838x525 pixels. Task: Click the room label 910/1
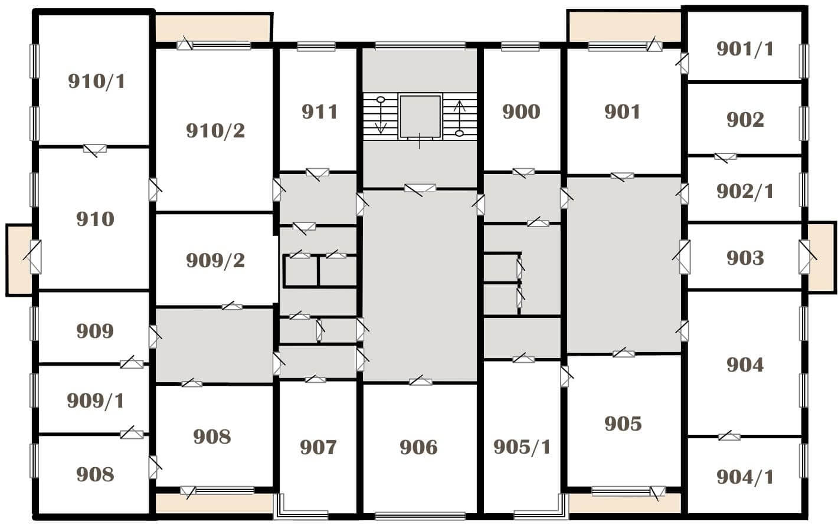(x=97, y=81)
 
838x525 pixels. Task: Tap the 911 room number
(x=319, y=112)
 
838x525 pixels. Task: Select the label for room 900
(x=521, y=112)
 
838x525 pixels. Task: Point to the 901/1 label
(x=745, y=49)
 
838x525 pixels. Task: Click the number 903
(x=745, y=258)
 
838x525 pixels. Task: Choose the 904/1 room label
(x=745, y=477)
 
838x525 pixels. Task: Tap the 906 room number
(x=418, y=447)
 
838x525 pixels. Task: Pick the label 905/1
(x=522, y=447)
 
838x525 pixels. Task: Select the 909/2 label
(x=215, y=261)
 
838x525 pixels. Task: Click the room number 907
(x=318, y=447)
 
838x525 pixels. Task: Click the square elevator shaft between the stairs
(x=420, y=116)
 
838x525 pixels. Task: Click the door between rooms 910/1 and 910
(x=94, y=149)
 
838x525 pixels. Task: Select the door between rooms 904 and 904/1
(x=729, y=437)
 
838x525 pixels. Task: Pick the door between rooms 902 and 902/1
(x=725, y=157)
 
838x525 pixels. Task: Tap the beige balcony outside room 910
(x=19, y=260)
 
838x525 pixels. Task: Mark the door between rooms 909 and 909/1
(x=132, y=363)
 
